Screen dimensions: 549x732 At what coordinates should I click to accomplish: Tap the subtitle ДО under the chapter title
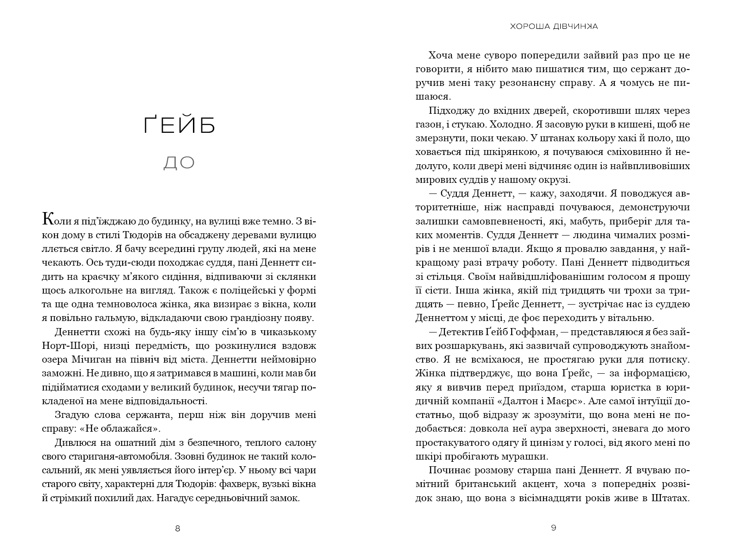click(x=179, y=163)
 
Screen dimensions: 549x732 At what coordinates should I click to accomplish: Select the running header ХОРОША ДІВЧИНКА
click(x=553, y=27)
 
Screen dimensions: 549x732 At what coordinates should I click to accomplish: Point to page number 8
click(x=178, y=528)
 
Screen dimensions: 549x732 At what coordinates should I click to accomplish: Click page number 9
click(x=553, y=528)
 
